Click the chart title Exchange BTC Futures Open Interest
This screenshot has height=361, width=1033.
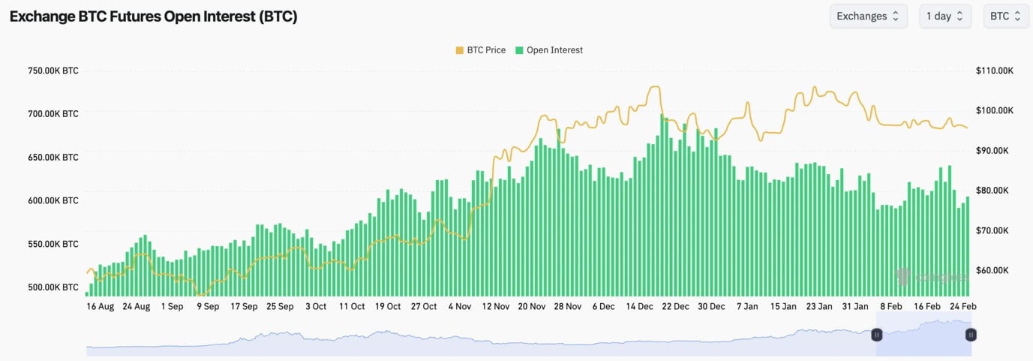153,17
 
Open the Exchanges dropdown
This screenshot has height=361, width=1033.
868,16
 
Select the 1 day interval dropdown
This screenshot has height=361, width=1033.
945,16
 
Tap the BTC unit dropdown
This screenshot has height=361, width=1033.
1006,16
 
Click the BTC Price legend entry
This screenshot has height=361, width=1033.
480,50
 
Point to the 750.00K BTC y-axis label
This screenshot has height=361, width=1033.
53,71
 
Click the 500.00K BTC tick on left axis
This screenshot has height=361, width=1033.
53,287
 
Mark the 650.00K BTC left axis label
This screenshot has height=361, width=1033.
53,158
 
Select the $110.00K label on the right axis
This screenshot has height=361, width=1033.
995,71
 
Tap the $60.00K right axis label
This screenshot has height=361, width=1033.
995,270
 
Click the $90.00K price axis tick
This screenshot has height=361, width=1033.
995,151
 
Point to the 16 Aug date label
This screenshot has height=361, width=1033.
101,306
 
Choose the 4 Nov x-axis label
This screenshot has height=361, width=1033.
459,306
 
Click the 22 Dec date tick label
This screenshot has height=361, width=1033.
676,306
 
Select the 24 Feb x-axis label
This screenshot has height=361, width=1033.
963,306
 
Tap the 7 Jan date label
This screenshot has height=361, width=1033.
748,306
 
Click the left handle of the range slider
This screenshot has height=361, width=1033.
876,335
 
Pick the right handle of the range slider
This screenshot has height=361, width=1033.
971,335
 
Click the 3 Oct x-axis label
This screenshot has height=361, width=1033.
316,306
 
